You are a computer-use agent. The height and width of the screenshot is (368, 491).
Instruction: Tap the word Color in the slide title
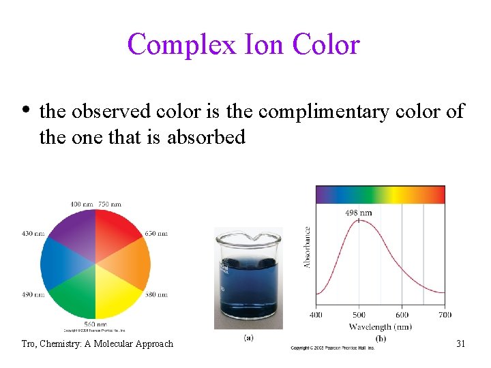tap(325, 45)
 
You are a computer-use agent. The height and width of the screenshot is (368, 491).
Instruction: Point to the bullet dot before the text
tap(26, 110)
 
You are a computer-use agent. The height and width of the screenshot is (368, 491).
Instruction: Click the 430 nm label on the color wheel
tap(32, 234)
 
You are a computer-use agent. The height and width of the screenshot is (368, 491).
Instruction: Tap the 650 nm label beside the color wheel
tap(156, 234)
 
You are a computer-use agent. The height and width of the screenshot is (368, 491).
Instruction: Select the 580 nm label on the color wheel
tap(156, 294)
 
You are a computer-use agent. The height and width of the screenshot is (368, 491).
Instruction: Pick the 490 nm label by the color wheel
tap(32, 294)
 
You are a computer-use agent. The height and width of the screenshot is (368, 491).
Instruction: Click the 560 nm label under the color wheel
tap(95, 324)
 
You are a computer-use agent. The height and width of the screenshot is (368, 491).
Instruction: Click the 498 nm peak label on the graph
tap(358, 213)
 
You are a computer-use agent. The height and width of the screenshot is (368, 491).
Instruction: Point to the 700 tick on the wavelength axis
tap(444, 315)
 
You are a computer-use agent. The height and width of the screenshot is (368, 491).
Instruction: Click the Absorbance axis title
tap(308, 247)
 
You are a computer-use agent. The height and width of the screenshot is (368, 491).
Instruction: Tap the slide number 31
tap(460, 343)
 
